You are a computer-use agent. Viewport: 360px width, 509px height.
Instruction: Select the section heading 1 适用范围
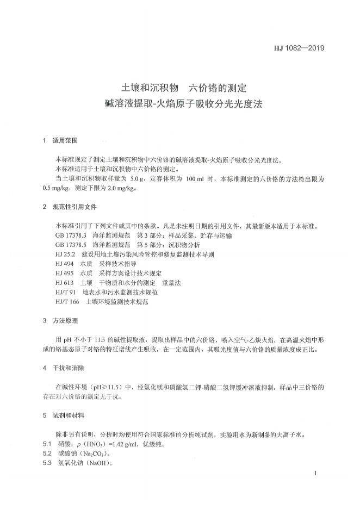click(60, 140)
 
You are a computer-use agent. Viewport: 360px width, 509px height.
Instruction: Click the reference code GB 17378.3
click(71, 235)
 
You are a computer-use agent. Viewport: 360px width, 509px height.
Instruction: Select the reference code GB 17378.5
click(71, 245)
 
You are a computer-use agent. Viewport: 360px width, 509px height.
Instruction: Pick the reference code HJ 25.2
click(66, 254)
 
